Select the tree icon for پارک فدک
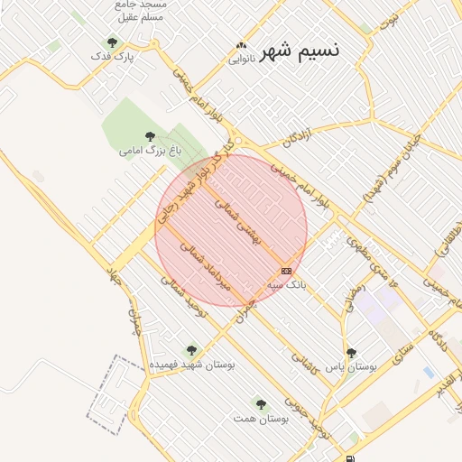pos(112,42)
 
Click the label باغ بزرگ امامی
pos(149,151)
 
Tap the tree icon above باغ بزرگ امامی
pos(150,136)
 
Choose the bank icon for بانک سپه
pos(287,271)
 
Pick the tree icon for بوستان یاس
pos(351,354)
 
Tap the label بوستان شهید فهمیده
pos(191,364)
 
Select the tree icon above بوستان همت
pos(261,404)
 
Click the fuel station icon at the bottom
pos(352,437)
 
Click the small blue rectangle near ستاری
pos(428,372)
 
